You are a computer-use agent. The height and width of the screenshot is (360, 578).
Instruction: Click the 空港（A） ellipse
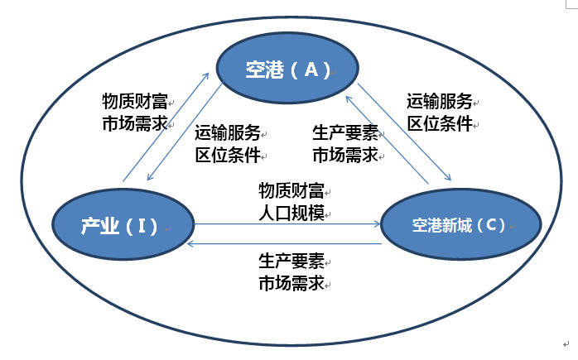287,70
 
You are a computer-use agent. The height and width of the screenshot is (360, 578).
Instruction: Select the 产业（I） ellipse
123,224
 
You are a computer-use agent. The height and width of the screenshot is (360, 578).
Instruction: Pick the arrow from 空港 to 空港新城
406,132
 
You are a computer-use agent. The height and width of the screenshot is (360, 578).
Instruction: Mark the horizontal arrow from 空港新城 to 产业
286,244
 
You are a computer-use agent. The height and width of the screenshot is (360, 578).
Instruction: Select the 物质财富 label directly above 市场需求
135,102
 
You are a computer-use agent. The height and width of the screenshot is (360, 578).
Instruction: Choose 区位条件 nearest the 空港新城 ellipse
439,123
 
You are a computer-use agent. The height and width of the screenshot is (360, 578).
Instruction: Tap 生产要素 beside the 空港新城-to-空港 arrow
345,133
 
